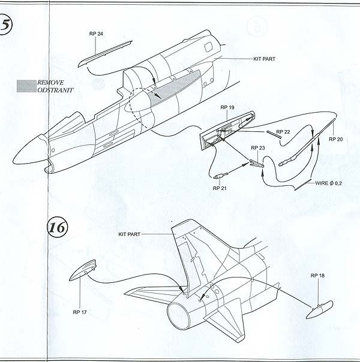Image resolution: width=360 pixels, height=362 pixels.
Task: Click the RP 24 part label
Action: point(95,34)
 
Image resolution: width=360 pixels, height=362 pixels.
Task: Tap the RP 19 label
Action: point(227,109)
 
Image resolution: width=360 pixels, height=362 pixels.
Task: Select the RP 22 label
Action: point(284,132)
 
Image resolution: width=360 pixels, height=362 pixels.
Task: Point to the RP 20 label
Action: point(336,139)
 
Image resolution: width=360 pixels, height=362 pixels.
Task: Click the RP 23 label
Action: point(258,147)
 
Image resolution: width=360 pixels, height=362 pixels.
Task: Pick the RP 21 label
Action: point(220,188)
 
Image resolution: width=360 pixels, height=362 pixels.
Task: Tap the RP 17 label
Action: point(80,312)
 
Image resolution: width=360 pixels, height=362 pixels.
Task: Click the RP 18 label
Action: point(318,275)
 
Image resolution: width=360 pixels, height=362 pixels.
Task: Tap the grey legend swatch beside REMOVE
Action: point(26,86)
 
